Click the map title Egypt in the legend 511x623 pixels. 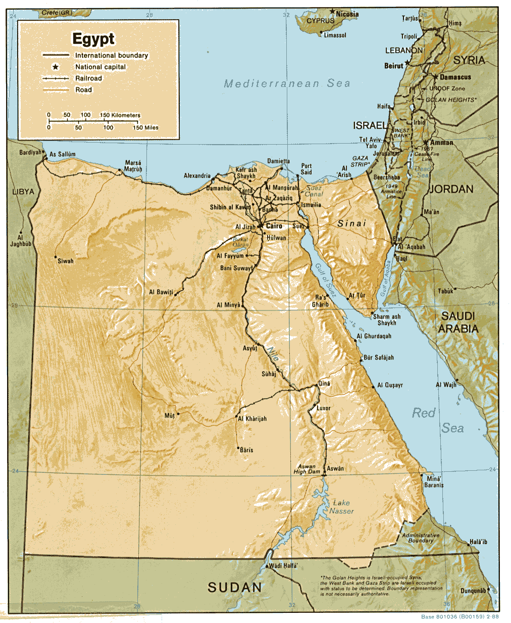tap(93, 39)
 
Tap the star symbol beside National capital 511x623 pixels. tap(55, 67)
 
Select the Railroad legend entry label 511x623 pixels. tap(88, 78)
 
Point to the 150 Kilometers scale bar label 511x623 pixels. tap(120, 115)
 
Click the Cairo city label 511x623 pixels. tap(274, 226)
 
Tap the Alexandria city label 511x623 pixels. tap(197, 175)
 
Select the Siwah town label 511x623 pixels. tap(65, 261)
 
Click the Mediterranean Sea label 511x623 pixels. tap(287, 83)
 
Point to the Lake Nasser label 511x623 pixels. tap(342, 507)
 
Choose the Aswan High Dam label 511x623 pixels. tap(307, 469)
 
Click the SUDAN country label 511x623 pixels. tap(235, 587)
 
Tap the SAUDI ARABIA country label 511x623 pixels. tap(458, 322)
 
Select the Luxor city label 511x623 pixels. tap(323, 408)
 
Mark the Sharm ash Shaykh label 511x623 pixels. tap(387, 320)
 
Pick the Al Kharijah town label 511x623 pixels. tap(252, 419)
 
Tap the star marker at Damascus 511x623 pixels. tap(435, 76)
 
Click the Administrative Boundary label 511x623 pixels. tap(421, 538)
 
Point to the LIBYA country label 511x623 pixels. tap(23, 192)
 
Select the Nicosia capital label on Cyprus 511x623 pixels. tap(347, 14)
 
